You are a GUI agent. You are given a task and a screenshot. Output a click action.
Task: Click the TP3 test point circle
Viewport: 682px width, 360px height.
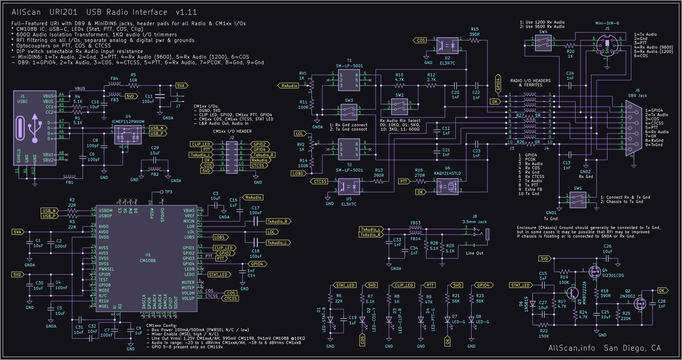pos(162,192)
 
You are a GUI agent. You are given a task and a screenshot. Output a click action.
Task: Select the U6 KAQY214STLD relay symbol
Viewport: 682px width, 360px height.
pos(447,186)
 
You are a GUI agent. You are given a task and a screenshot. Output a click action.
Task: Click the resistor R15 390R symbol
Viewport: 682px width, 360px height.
pos(474,40)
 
